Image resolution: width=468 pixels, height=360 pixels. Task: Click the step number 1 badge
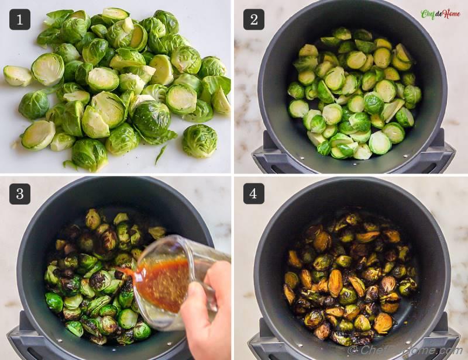pos(20,19)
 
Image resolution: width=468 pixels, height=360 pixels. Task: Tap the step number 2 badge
pos(253,19)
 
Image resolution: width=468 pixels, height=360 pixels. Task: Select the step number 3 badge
pos(20,193)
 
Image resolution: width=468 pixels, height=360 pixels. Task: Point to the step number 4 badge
pos(253,193)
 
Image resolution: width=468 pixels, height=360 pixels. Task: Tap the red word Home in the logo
pos(450,14)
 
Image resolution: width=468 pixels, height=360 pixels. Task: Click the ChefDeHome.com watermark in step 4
pos(404,350)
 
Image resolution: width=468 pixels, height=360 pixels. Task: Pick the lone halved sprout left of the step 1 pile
pos(16,75)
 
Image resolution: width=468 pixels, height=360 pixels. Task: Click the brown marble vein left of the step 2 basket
pos(244,88)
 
